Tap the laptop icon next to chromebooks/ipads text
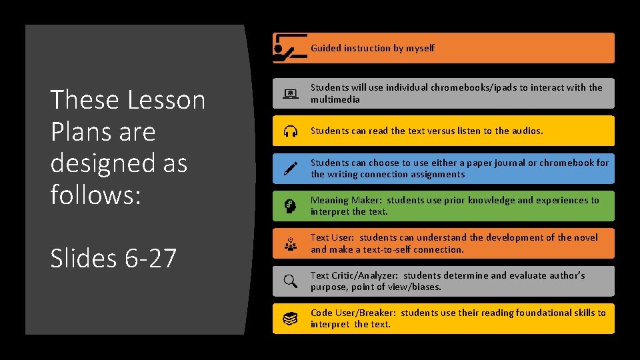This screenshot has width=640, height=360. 291,93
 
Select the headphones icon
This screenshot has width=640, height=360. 291,131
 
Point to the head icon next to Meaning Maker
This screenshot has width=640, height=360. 291,206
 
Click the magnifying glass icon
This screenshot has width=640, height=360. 291,281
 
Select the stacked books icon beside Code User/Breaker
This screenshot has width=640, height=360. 291,319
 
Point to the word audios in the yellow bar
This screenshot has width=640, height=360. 526,131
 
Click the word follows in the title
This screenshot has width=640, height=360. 92,195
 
